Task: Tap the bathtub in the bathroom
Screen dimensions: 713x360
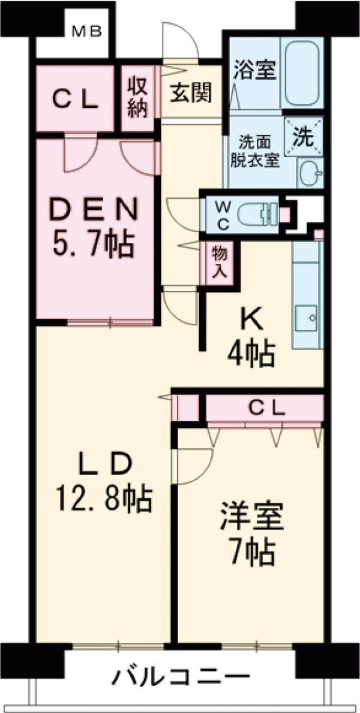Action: click(x=301, y=74)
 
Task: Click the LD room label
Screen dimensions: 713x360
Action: click(x=103, y=465)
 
